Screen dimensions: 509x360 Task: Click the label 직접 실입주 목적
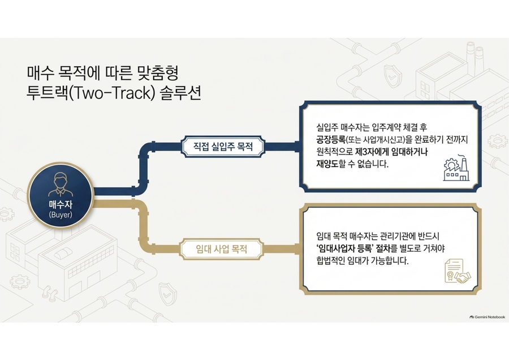click(x=223, y=147)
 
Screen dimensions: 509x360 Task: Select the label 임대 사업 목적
click(x=222, y=249)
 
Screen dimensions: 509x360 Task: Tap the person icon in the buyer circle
click(x=61, y=185)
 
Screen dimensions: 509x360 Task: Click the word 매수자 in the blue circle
click(x=61, y=205)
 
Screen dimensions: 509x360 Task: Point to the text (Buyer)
click(x=61, y=215)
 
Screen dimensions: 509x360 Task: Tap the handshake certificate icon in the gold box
click(x=458, y=271)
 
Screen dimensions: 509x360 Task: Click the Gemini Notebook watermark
click(x=488, y=317)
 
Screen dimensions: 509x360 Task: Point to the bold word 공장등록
click(x=331, y=140)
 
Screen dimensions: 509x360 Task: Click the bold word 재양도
click(x=327, y=164)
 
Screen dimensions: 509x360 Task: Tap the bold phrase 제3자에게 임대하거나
click(x=391, y=152)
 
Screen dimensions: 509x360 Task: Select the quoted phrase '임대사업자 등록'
click(x=345, y=249)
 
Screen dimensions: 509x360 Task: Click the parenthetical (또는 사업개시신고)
click(x=376, y=140)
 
